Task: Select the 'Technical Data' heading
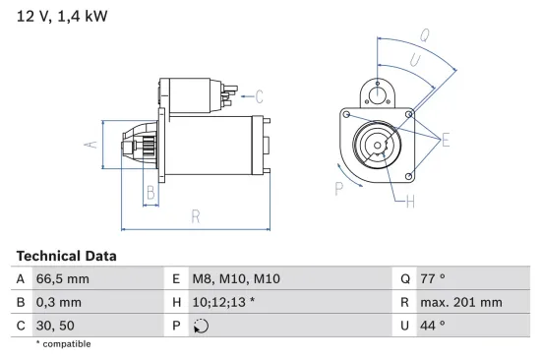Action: (66, 256)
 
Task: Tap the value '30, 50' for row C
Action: (55, 325)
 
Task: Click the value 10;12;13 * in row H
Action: (223, 302)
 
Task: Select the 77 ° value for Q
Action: (432, 279)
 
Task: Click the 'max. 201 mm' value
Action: (461, 302)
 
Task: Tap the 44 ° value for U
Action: (432, 325)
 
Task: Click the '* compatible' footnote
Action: (63, 344)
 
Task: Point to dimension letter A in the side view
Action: (90, 146)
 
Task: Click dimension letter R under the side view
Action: (196, 215)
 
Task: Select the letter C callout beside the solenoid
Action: (259, 96)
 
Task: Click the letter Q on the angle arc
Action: (424, 34)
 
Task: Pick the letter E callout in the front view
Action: (445, 141)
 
